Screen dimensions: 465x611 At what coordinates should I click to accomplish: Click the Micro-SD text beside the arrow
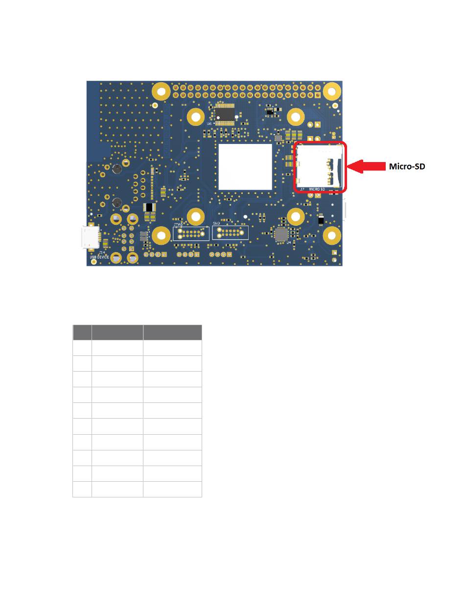(x=407, y=166)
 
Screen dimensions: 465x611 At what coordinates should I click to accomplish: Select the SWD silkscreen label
(x=216, y=223)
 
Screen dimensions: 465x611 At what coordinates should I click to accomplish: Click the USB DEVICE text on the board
(x=99, y=257)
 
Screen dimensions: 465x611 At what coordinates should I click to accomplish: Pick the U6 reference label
(x=209, y=124)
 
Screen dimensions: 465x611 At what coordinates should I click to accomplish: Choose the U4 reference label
(x=289, y=242)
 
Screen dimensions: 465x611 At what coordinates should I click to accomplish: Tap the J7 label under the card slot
(x=302, y=189)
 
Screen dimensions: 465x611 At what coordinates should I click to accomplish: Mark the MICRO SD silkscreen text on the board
(x=317, y=189)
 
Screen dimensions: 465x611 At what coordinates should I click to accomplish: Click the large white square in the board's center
(x=245, y=166)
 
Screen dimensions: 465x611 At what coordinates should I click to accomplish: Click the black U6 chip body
(x=225, y=113)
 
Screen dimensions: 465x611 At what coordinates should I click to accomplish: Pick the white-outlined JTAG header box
(x=191, y=233)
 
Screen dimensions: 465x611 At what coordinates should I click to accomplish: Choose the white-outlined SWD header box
(x=230, y=233)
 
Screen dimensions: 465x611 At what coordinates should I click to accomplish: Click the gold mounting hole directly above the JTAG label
(x=195, y=216)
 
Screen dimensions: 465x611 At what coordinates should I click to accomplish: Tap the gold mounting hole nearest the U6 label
(x=195, y=117)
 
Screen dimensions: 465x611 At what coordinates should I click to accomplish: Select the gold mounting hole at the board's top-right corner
(x=332, y=91)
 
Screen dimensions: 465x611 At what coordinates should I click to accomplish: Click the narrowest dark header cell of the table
(x=82, y=332)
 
